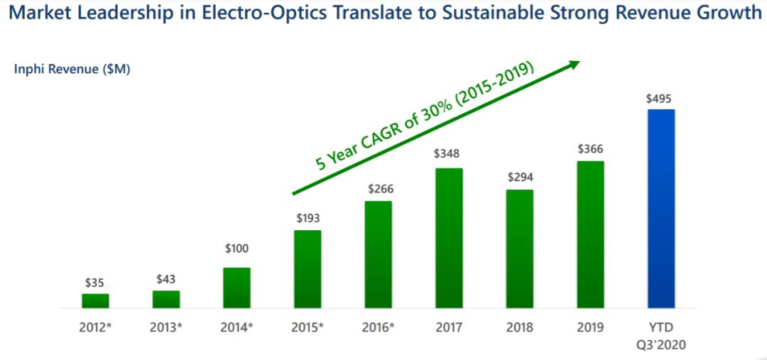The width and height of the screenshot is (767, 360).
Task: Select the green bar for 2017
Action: point(449,238)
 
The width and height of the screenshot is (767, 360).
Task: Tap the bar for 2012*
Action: point(95,300)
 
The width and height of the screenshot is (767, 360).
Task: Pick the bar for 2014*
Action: point(236,288)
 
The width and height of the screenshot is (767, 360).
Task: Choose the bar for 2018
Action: point(520,249)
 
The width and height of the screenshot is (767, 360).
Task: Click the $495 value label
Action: point(660,99)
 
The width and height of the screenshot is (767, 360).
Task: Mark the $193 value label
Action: point(307,219)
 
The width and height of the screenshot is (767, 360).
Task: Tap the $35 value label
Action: point(94,283)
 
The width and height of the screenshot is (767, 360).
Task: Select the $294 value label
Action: point(520,178)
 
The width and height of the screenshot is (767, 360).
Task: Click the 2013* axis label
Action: point(166,327)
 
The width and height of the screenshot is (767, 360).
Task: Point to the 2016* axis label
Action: point(379,327)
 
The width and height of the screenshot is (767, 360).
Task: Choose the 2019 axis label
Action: point(590,327)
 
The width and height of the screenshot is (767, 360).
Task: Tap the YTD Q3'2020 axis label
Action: point(660,335)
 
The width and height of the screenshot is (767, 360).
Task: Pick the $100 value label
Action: point(236,249)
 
